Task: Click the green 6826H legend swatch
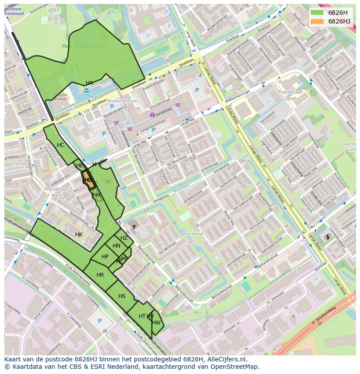(317, 13)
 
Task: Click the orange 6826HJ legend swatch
(317, 21)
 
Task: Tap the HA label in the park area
(89, 83)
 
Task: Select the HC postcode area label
(60, 145)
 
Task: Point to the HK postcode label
(79, 235)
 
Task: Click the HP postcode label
(105, 257)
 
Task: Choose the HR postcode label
(100, 275)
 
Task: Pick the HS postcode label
(122, 296)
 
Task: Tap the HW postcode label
(157, 322)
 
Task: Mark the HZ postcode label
(124, 238)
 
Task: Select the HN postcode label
(116, 246)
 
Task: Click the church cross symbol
(134, 227)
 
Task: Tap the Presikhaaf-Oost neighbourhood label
(287, 95)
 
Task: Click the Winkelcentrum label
(123, 101)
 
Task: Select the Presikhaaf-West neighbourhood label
(57, 192)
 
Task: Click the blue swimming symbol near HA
(87, 90)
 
